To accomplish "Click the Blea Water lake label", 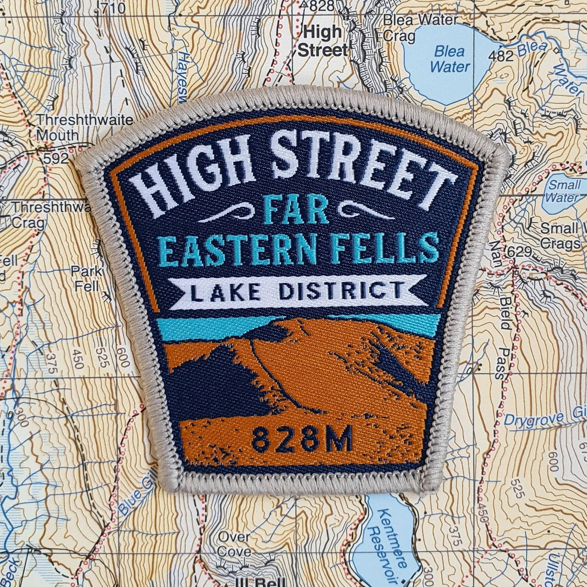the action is pos(450,59).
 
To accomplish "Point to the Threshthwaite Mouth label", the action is pos(84,127).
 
